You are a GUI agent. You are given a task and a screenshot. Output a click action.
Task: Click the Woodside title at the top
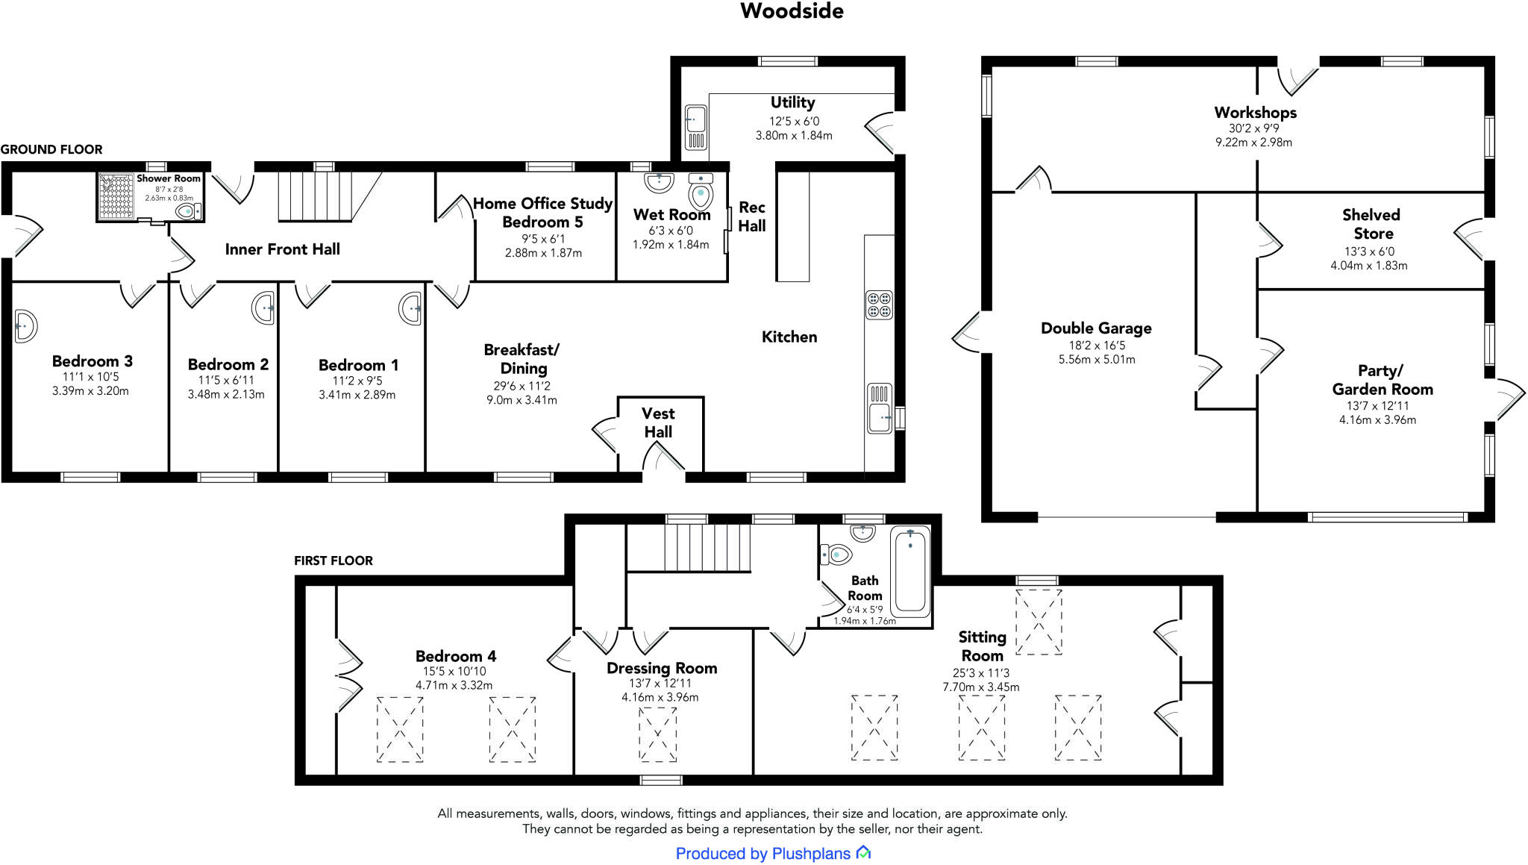coord(792,11)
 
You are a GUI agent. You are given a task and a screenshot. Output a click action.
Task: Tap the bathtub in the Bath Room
coord(911,570)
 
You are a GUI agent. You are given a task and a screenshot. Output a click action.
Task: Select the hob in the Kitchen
coord(879,305)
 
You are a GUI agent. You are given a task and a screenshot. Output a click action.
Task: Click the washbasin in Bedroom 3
coord(24,326)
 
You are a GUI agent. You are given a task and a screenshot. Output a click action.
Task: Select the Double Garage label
coord(1096,328)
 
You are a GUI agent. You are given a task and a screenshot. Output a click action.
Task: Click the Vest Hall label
coord(658,422)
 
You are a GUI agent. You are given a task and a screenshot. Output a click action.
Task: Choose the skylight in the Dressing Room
coord(657,734)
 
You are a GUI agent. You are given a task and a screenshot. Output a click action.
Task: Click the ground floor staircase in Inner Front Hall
coord(314,196)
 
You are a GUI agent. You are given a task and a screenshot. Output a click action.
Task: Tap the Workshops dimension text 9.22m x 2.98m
coord(1253,142)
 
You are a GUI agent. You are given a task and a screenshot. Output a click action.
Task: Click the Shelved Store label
coord(1371,224)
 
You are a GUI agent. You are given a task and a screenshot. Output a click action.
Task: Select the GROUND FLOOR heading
coord(51,149)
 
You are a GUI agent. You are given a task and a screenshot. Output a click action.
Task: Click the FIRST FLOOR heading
coord(333,560)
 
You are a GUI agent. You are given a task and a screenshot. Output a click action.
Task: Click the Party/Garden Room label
coord(1382,380)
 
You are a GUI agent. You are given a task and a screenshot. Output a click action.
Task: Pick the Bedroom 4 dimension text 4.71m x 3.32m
coord(454,685)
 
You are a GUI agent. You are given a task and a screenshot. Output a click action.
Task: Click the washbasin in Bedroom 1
coord(410,308)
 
